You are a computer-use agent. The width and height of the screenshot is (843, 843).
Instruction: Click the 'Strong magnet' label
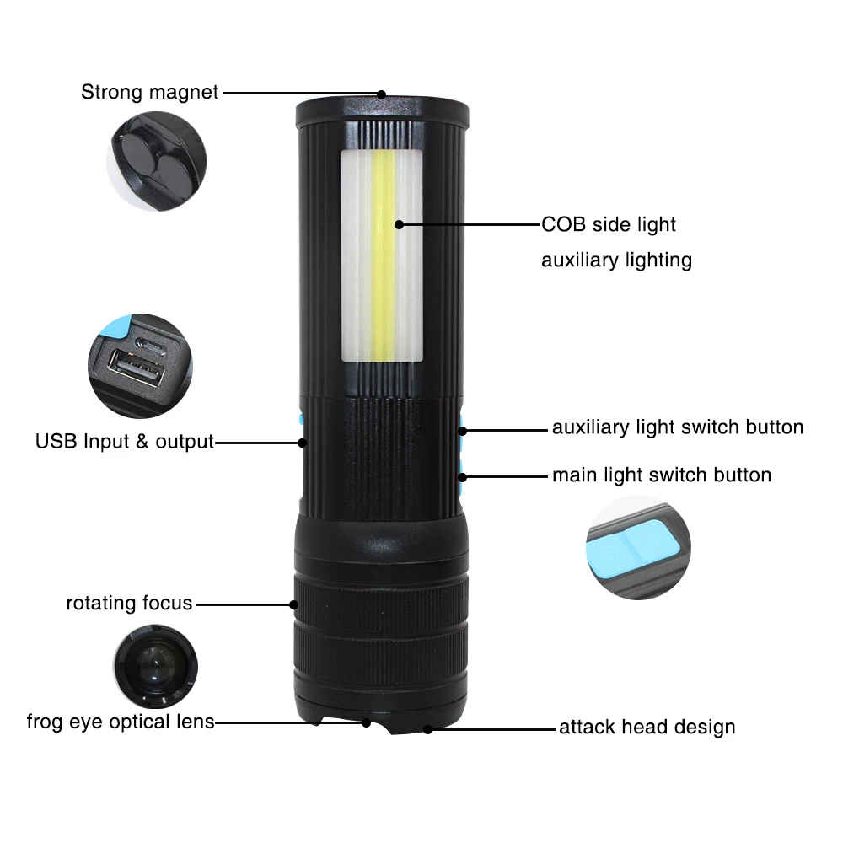[x=149, y=92]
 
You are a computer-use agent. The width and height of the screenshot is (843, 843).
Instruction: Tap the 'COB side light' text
[x=608, y=225]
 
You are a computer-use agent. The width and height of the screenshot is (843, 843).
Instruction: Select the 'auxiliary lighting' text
[x=616, y=260]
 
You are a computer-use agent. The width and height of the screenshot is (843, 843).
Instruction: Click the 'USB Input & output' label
[x=125, y=441]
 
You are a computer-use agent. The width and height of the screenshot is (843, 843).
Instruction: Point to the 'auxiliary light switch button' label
[x=678, y=427]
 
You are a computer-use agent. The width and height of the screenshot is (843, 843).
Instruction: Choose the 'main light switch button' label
[x=662, y=475]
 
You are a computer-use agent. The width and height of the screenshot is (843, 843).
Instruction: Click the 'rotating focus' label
[x=129, y=604]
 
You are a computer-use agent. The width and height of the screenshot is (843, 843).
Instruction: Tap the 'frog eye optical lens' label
[x=121, y=722]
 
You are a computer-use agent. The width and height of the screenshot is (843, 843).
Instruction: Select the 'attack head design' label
[x=647, y=727]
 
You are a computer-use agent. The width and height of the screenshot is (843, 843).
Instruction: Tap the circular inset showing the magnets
[x=158, y=161]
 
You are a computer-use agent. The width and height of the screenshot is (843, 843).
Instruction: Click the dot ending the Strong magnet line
[x=381, y=94]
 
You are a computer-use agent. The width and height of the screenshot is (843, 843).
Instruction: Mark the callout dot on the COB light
[x=399, y=225]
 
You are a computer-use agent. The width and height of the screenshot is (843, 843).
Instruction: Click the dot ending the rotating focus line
[x=294, y=604]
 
